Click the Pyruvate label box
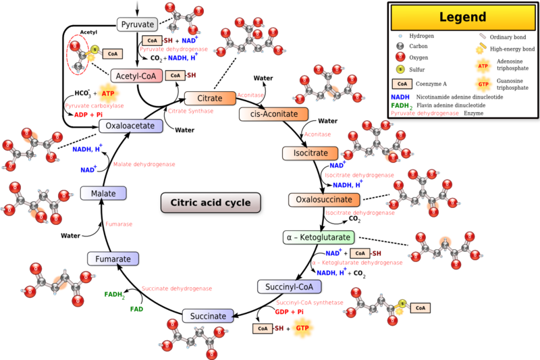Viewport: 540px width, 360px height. (x=138, y=25)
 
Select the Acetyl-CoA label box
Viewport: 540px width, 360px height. (x=136, y=76)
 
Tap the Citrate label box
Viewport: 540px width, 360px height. (x=209, y=99)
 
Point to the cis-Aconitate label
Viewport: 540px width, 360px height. (x=273, y=114)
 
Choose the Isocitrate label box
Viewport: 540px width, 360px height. (x=305, y=153)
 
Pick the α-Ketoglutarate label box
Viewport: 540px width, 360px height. (x=318, y=238)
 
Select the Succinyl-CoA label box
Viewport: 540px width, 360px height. (x=288, y=286)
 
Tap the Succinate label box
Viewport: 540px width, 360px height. (x=208, y=316)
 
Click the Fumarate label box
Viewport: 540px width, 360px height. (x=113, y=259)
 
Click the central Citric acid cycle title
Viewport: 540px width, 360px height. (x=210, y=203)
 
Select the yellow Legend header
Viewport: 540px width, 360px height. (x=463, y=17)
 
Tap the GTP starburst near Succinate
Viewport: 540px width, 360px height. (x=301, y=329)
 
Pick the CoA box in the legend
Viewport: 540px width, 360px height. (x=402, y=84)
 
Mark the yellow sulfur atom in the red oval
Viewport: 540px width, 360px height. (x=95, y=51)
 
